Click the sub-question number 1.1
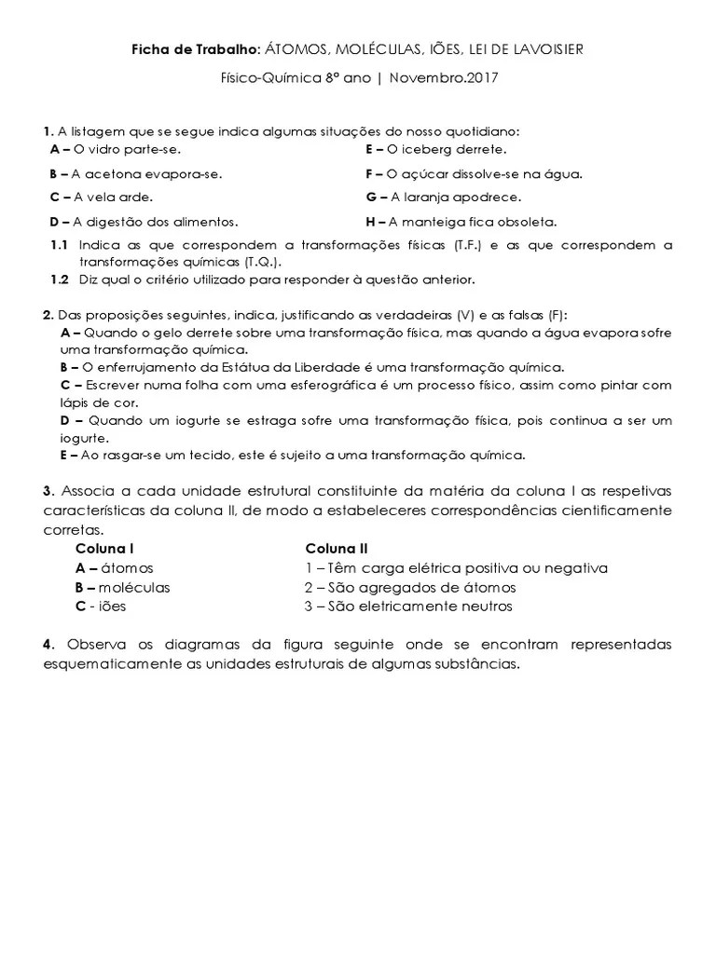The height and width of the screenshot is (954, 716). coord(59,246)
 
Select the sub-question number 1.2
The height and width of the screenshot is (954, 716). coord(59,279)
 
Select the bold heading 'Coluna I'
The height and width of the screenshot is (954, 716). coord(104,549)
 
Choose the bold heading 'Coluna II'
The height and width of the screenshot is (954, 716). coord(336,549)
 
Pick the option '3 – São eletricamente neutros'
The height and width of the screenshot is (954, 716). coord(408,606)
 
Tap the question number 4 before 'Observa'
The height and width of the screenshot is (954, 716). coord(47,645)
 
